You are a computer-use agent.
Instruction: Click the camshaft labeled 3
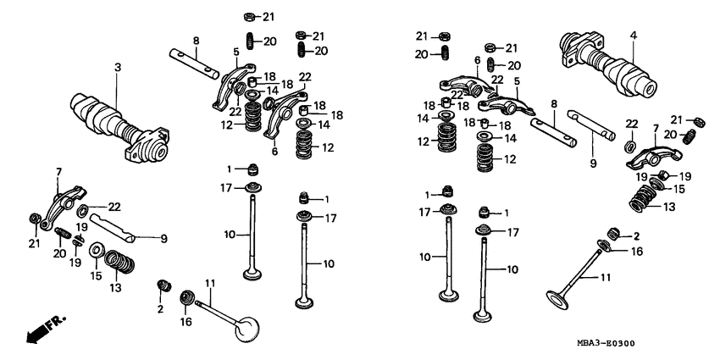tap(119, 127)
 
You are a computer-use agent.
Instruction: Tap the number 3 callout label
tap(118, 68)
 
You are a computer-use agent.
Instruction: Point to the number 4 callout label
tap(633, 35)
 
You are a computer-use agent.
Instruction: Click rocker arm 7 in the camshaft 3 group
tap(63, 206)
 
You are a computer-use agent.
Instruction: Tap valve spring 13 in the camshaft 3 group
tap(119, 262)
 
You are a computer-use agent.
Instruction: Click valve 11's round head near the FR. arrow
tap(247, 329)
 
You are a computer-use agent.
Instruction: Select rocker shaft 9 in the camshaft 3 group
tap(113, 227)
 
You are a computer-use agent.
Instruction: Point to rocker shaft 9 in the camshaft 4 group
tap(590, 125)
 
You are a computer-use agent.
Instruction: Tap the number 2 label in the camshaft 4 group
tap(636, 236)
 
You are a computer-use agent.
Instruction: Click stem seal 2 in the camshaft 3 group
tap(164, 285)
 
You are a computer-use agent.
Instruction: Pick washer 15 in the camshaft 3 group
tap(97, 250)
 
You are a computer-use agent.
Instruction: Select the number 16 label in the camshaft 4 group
tap(636, 252)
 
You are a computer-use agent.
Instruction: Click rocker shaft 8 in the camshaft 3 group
tap(194, 64)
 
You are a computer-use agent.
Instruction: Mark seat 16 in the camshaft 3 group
tap(186, 297)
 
